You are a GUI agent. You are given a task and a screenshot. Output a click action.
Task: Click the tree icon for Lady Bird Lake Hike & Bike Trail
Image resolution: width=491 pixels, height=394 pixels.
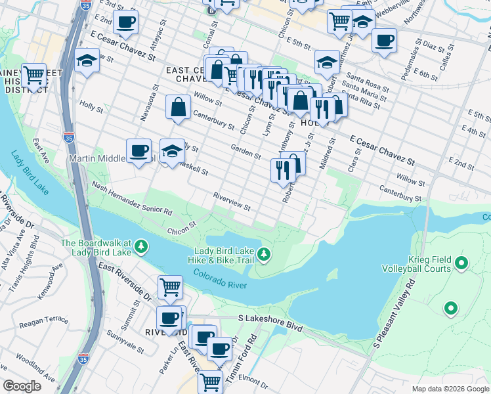[263, 253]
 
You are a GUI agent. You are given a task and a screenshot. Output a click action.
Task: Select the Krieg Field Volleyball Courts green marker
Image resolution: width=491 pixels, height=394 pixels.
[461, 264]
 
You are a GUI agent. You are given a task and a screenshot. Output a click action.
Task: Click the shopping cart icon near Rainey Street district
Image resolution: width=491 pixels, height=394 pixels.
[33, 75]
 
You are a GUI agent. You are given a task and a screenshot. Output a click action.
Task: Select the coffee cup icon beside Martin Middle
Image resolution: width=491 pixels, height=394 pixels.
[139, 151]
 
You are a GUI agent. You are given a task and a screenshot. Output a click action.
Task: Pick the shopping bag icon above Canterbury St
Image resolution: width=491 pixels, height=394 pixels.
[178, 107]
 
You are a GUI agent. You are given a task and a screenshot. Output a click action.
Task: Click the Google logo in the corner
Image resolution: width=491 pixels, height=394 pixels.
[22, 386]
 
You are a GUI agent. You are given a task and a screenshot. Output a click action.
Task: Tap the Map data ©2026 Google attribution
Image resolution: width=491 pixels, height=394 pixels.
[450, 389]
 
